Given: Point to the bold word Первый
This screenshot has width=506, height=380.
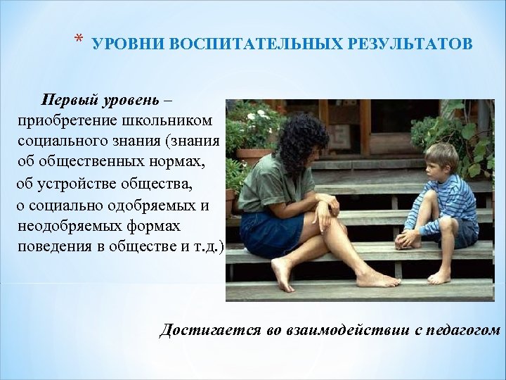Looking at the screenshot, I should click(x=69, y=98).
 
